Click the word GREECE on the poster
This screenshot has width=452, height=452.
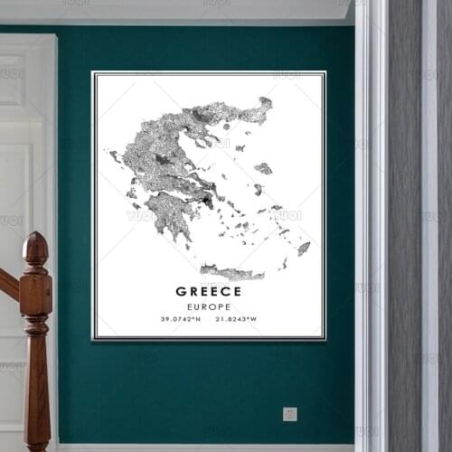click(x=208, y=291)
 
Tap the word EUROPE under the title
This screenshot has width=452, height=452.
click(x=208, y=306)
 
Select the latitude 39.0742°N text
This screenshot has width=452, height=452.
click(x=181, y=319)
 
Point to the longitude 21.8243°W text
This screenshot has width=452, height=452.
click(x=236, y=319)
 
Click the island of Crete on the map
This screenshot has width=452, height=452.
click(x=231, y=271)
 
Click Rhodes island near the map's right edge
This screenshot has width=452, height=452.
click(x=304, y=247)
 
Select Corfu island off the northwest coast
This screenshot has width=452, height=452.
click(x=115, y=156)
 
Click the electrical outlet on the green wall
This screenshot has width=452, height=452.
click(x=289, y=414)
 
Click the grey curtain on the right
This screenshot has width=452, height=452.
click(x=404, y=226)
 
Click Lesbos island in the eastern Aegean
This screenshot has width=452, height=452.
click(x=263, y=168)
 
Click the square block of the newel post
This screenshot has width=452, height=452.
click(x=36, y=295)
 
